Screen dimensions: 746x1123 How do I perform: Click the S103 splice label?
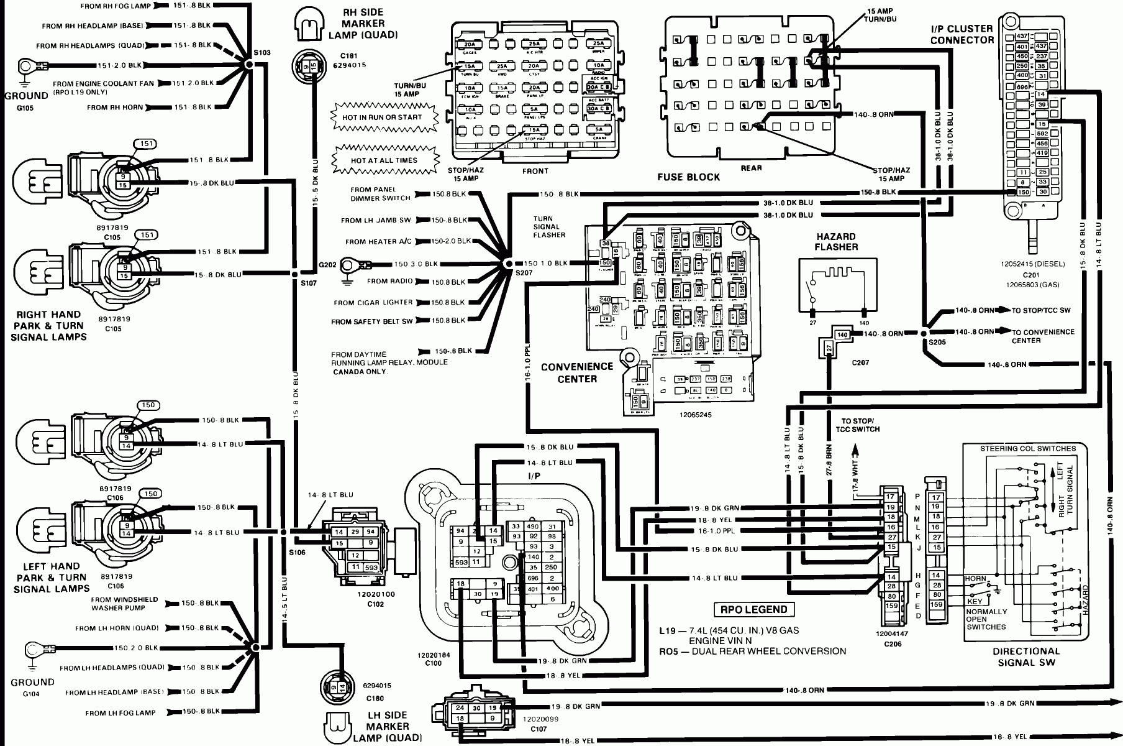(263, 53)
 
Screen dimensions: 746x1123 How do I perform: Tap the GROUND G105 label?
(25, 101)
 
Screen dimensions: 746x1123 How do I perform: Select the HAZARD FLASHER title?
(836, 242)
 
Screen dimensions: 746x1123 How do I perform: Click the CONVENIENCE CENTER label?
(577, 372)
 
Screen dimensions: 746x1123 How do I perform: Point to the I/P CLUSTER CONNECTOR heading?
(962, 34)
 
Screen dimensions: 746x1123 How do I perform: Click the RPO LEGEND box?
(754, 610)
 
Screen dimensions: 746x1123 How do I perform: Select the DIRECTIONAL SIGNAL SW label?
(1026, 656)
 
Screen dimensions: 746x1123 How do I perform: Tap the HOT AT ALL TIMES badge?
(384, 160)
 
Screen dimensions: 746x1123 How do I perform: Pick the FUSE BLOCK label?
(688, 177)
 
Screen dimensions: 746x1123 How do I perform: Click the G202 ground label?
(327, 265)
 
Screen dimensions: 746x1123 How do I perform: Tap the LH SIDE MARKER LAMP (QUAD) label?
(388, 726)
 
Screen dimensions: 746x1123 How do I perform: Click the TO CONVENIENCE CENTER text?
(1043, 336)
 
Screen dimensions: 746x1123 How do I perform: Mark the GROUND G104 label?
(32, 687)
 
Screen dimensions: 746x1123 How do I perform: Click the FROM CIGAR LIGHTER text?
(373, 303)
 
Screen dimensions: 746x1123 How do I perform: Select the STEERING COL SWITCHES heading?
(1028, 448)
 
